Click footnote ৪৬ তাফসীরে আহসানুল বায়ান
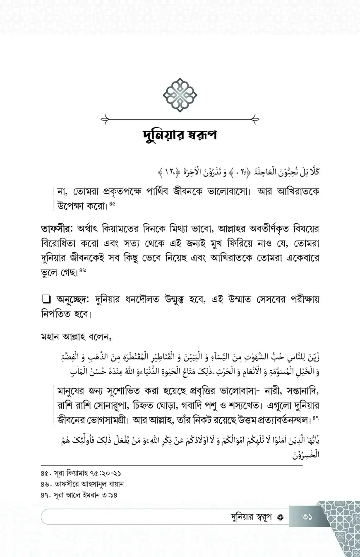coord(83,483)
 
